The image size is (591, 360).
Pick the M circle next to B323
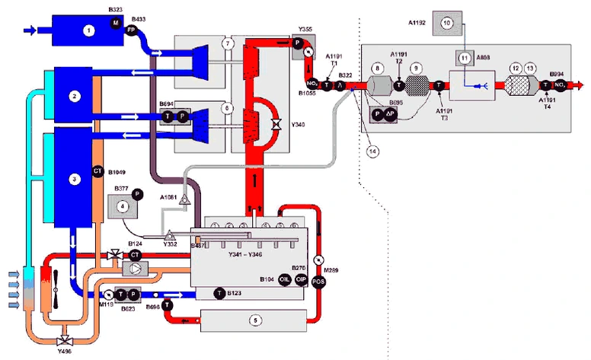(117, 24)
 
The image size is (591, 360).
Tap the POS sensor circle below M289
(319, 282)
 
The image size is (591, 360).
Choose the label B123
(235, 293)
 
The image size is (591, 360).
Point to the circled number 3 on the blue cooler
(74, 178)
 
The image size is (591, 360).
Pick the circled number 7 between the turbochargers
(226, 44)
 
